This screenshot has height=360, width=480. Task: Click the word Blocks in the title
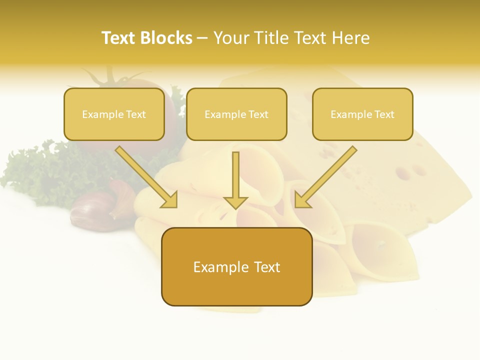click(x=166, y=38)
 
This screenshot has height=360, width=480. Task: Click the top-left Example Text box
click(x=114, y=114)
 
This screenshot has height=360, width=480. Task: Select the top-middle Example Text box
click(x=236, y=114)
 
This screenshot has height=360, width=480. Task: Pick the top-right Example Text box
click(x=362, y=114)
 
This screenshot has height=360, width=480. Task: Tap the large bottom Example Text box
click(x=236, y=266)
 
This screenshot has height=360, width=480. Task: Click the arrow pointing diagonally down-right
click(x=147, y=177)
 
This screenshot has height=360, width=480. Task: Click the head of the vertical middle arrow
click(x=235, y=202)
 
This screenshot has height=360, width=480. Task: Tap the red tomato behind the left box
click(x=170, y=107)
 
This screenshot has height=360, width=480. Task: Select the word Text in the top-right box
click(x=383, y=114)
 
